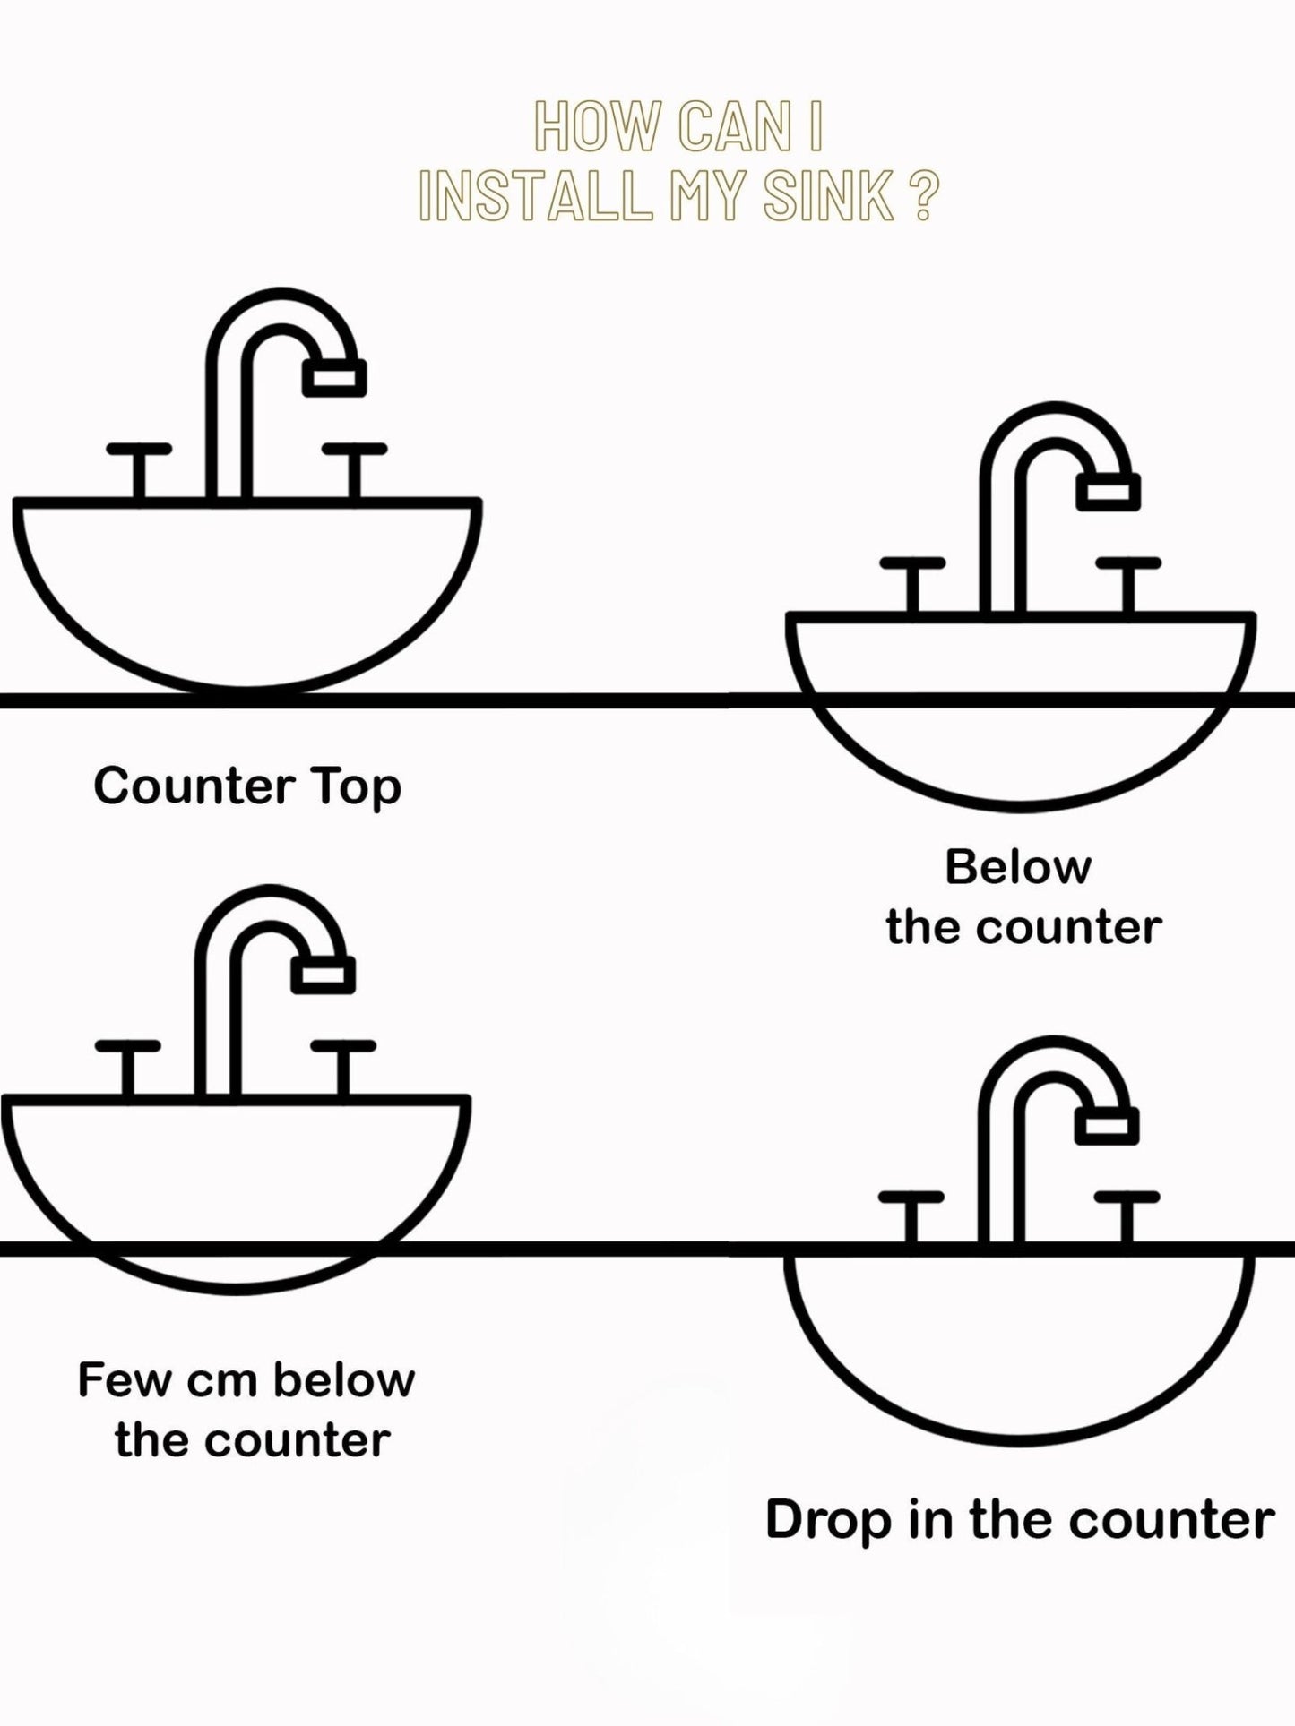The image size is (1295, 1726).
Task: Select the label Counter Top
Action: click(x=247, y=786)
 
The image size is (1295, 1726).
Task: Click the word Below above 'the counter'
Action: click(x=1018, y=867)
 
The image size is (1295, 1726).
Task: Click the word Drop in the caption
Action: click(x=828, y=1520)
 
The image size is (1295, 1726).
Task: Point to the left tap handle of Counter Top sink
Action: click(x=139, y=449)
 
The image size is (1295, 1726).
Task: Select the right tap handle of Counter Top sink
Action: click(x=355, y=449)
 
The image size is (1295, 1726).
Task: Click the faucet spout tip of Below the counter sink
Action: click(x=1108, y=492)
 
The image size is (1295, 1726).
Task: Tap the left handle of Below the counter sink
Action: click(x=912, y=564)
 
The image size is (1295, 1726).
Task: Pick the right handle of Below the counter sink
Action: click(x=1128, y=564)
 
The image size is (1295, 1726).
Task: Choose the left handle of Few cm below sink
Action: click(x=128, y=1046)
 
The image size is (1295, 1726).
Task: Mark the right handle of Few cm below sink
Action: click(x=343, y=1046)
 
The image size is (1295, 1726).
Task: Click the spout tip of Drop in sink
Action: click(x=1106, y=1126)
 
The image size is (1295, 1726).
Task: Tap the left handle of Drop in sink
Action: click(x=911, y=1198)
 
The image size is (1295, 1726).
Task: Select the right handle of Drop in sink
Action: click(x=1127, y=1198)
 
